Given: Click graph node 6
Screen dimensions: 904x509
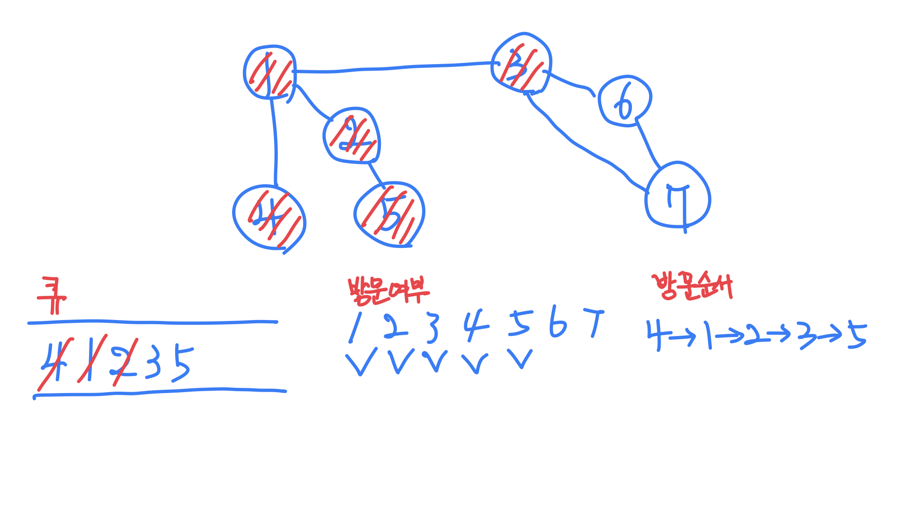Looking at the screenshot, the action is pos(625,101).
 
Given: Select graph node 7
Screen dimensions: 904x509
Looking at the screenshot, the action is pos(678,195).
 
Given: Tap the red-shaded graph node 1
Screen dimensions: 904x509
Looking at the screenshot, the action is pos(270,72).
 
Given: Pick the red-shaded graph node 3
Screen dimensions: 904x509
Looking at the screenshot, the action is pos(521,64).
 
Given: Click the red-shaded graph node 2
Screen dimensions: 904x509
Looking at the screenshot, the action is pos(352,136).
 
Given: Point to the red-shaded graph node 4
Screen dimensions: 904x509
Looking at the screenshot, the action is pos(269,217).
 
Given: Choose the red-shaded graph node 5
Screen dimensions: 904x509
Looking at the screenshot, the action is pos(389,215).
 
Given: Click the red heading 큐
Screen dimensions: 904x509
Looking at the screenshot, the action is pos(52,296).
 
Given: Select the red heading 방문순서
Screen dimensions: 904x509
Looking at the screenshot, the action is pos(692,286).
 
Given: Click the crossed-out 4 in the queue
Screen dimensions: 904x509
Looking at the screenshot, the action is pos(53,362).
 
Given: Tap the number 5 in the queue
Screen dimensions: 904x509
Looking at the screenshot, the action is pos(182,364).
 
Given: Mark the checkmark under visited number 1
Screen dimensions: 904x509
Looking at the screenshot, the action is pos(361,362).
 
